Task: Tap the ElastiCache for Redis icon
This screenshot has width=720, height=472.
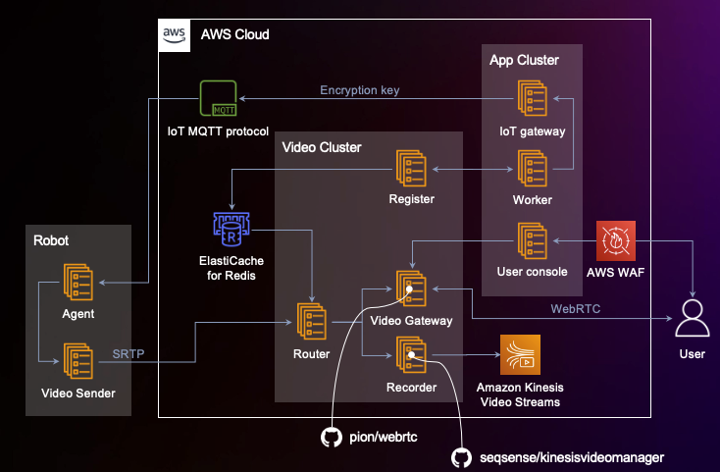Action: click(x=231, y=229)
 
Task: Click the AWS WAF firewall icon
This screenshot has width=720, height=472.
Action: click(x=616, y=240)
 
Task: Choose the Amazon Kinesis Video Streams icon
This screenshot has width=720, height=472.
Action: click(x=519, y=354)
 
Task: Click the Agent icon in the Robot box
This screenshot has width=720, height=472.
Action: click(x=78, y=284)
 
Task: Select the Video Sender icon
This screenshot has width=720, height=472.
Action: click(x=78, y=361)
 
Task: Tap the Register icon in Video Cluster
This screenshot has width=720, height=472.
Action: click(x=411, y=169)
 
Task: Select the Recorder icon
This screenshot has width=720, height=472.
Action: click(x=411, y=355)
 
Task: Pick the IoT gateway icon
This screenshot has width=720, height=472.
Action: click(x=534, y=100)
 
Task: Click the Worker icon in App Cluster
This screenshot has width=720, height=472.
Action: click(x=534, y=169)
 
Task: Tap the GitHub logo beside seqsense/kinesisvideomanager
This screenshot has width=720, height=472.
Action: click(x=460, y=457)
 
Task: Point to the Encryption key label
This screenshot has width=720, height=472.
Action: click(x=359, y=91)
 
